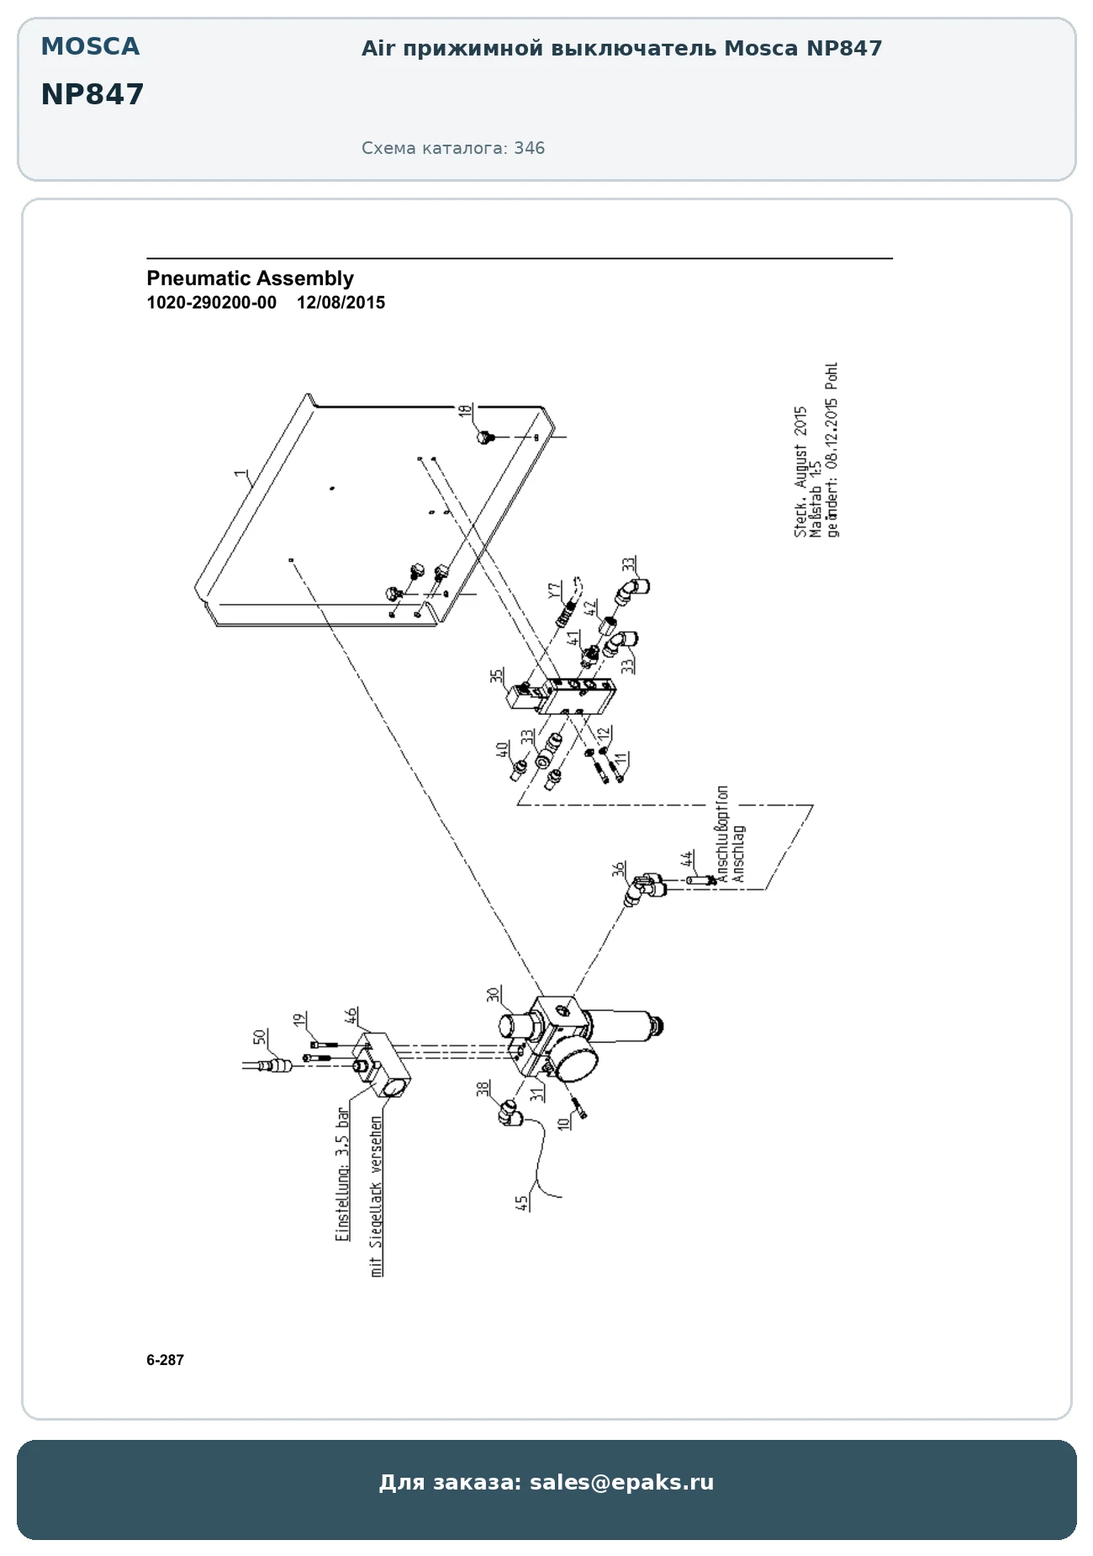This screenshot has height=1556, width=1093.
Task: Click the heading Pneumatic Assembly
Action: pyautogui.click(x=250, y=278)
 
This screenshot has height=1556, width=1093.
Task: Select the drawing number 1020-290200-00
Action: pyautogui.click(x=211, y=303)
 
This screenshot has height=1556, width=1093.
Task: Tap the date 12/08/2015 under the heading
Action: pyautogui.click(x=341, y=303)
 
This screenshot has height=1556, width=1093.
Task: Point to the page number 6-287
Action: pyautogui.click(x=165, y=1360)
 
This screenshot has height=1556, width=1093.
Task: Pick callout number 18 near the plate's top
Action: pyautogui.click(x=465, y=411)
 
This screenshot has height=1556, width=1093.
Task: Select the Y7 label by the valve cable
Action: pyautogui.click(x=555, y=590)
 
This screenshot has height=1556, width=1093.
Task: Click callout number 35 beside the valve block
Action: pyautogui.click(x=497, y=675)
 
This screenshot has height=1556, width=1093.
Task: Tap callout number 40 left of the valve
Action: pyautogui.click(x=502, y=749)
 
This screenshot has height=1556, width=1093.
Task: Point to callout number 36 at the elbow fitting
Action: pyautogui.click(x=619, y=869)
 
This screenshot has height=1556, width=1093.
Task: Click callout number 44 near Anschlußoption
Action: pyautogui.click(x=688, y=859)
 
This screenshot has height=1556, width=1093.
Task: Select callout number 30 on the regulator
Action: pyautogui.click(x=494, y=994)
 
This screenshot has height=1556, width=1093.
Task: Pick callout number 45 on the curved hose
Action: pyautogui.click(x=523, y=1204)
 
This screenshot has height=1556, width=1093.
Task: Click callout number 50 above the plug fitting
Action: pyautogui.click(x=260, y=1038)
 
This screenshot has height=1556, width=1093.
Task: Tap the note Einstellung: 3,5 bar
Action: pyautogui.click(x=342, y=1174)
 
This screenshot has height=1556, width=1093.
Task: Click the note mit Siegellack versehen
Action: pyautogui.click(x=377, y=1197)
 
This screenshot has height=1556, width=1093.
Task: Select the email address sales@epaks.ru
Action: pyautogui.click(x=621, y=1482)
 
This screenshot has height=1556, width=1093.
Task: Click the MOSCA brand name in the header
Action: pyautogui.click(x=91, y=47)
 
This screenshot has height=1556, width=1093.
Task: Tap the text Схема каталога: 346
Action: pyautogui.click(x=453, y=148)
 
